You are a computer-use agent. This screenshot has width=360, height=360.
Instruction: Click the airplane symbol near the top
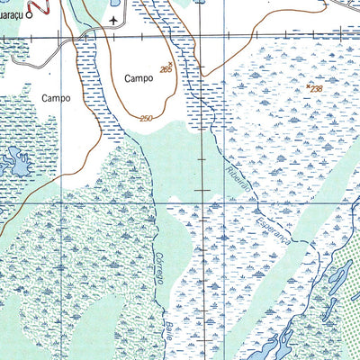coord(112,18)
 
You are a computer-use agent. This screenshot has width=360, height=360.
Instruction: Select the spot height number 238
coord(316,88)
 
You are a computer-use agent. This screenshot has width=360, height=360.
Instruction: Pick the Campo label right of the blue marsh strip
coord(139,78)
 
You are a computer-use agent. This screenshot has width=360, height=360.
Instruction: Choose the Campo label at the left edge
coord(56,97)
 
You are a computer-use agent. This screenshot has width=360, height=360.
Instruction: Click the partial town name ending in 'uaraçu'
coord(11,15)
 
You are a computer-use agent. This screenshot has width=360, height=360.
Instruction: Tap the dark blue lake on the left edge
coord(15,163)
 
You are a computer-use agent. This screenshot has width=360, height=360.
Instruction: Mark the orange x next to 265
coord(171,62)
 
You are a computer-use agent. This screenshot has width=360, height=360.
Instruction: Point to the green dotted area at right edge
coord(351,306)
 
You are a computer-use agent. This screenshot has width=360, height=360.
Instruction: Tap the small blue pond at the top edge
coord(199,3)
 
